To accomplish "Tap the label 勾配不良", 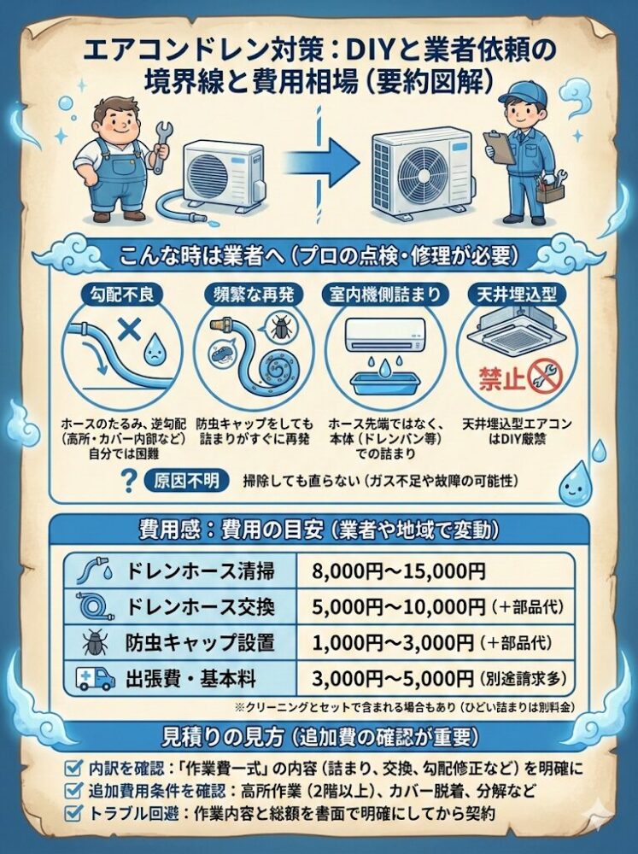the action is (122, 294).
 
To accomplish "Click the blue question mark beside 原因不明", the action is (130, 480).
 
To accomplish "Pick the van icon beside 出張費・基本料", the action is (95, 679).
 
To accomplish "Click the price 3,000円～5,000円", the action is (393, 678).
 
